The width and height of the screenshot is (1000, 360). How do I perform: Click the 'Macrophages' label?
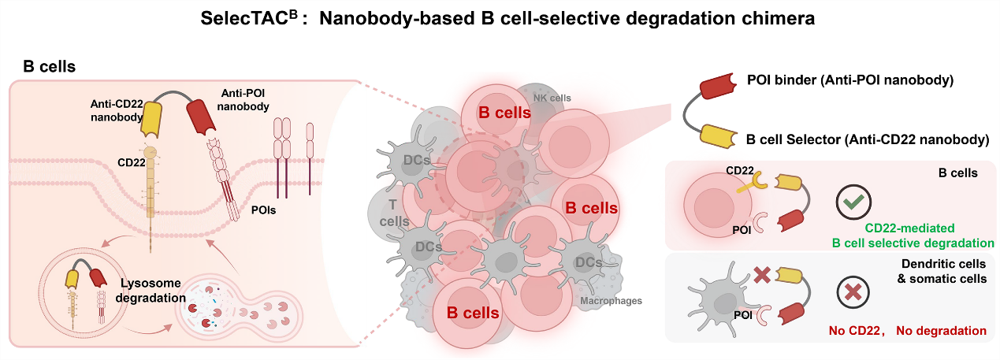pyautogui.click(x=611, y=300)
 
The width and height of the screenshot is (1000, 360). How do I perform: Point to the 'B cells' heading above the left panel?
pyautogui.click(x=49, y=67)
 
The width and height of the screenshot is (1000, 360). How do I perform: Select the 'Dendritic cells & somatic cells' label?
pyautogui.click(x=942, y=272)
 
